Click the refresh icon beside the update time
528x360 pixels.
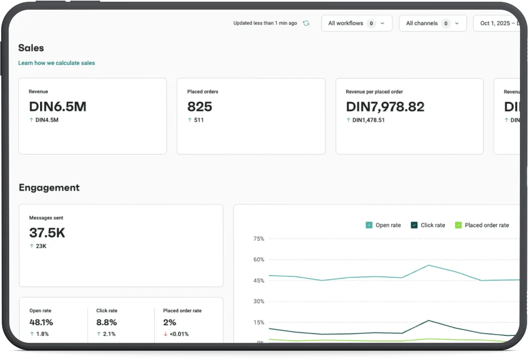(306, 23)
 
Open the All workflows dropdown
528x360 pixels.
(356, 23)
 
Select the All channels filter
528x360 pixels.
(433, 23)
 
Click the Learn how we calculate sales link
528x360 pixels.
(57, 63)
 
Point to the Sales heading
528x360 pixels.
(31, 48)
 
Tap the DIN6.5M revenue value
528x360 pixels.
(57, 107)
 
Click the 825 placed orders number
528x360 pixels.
(200, 107)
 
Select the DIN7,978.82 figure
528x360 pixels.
(385, 107)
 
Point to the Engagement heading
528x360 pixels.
(49, 188)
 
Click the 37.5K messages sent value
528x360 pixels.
(47, 233)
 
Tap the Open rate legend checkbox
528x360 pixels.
(369, 225)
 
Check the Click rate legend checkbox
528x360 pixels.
(414, 225)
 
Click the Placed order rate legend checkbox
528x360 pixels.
(459, 225)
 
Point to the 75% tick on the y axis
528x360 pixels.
(259, 239)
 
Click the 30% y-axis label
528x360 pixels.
(259, 301)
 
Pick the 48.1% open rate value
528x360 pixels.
(41, 322)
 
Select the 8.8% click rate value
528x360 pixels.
(106, 322)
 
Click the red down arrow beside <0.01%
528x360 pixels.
(165, 334)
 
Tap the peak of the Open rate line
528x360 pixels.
(429, 265)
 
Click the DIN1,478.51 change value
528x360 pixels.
(368, 120)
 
